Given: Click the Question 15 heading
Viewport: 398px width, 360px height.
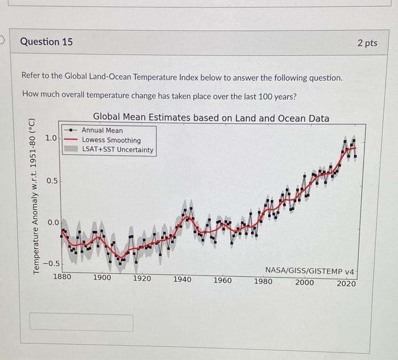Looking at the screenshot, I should click(46, 42).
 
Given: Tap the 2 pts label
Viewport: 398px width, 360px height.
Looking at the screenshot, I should click(367, 43).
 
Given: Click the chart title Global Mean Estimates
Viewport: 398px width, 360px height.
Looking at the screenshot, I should click(211, 118).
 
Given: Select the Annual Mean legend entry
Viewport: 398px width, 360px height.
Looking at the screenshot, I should click(102, 130).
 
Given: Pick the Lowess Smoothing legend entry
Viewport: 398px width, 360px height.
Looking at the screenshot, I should click(111, 140).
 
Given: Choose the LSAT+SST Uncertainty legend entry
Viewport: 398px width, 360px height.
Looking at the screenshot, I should click(118, 150).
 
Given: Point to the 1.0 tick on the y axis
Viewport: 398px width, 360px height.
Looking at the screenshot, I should click(51, 138).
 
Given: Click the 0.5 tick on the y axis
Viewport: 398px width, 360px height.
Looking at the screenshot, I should click(52, 181).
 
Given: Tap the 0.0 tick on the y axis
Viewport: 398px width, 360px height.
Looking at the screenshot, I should click(52, 222).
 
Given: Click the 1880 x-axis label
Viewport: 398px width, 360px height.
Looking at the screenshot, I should click(62, 278).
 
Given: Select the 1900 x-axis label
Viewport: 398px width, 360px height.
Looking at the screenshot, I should click(102, 278).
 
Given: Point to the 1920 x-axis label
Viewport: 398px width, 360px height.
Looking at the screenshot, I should click(142, 279).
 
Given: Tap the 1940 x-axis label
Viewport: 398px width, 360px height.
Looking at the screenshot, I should click(182, 279).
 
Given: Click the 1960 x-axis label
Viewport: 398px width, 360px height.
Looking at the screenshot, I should click(222, 280).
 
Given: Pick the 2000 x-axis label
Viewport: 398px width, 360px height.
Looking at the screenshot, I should click(304, 282).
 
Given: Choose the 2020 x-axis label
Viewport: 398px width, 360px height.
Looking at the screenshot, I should click(346, 283).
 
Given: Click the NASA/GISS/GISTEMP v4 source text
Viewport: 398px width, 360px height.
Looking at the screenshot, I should click(309, 271).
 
